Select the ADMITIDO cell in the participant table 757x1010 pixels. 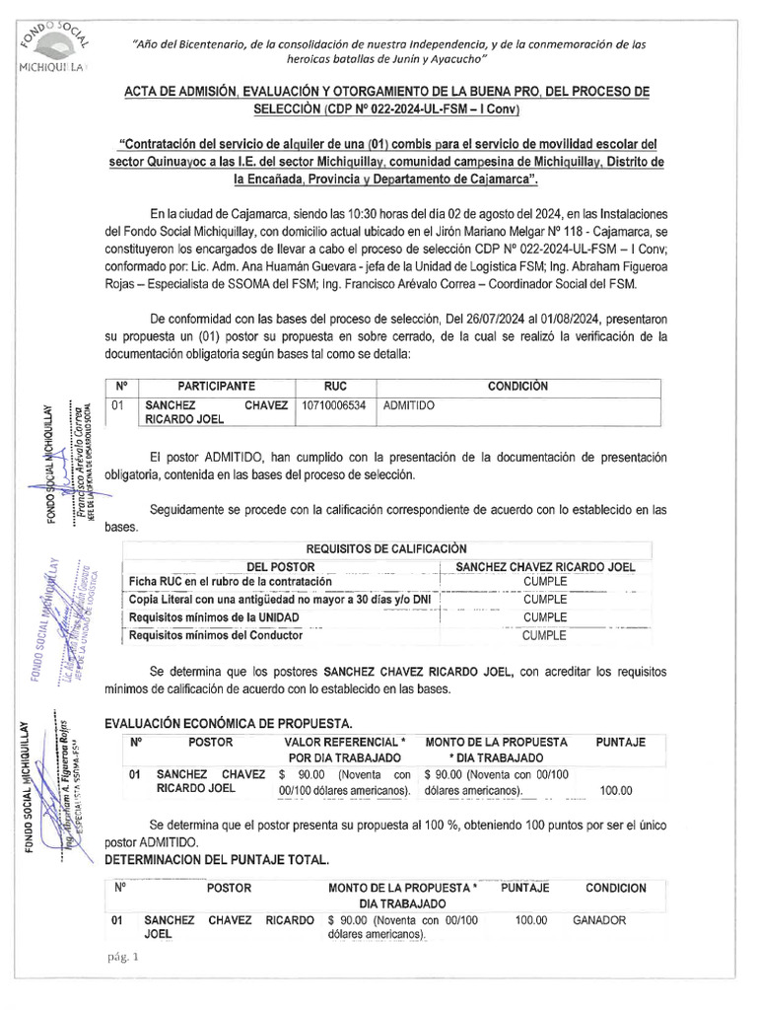(x=409, y=404)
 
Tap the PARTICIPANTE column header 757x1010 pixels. (x=216, y=386)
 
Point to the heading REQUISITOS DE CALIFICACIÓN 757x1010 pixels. (x=386, y=548)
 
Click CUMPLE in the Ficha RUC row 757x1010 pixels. (x=544, y=582)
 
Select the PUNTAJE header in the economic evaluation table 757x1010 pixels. (x=621, y=741)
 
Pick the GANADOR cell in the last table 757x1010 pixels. (x=599, y=919)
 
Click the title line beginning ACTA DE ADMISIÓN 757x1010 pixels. (x=385, y=92)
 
